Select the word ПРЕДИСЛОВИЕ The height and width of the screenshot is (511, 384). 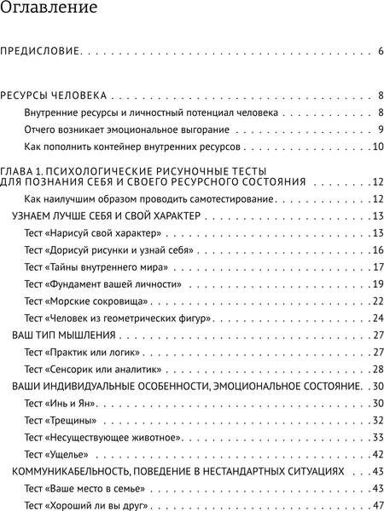click(x=40, y=52)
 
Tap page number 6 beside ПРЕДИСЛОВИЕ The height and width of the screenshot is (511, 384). click(x=380, y=52)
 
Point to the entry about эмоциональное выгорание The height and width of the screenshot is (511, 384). click(x=127, y=129)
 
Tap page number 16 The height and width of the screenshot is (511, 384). click(x=377, y=250)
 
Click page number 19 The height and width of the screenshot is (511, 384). click(x=377, y=284)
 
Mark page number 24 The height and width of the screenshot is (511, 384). click(x=377, y=319)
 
